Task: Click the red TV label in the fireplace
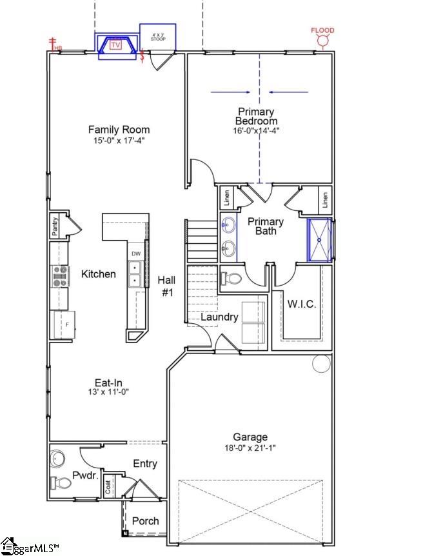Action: (x=116, y=45)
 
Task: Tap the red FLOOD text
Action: (x=322, y=30)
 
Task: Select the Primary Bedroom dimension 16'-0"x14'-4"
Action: (x=256, y=130)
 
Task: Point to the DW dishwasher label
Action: (x=136, y=254)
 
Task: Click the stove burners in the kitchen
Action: (x=60, y=276)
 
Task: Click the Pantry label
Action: (x=55, y=227)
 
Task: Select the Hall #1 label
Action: (x=167, y=286)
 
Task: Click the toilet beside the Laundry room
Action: (x=231, y=279)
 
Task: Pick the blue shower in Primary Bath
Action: (x=319, y=240)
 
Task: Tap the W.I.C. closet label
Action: (x=301, y=304)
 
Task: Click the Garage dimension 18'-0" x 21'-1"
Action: (x=250, y=448)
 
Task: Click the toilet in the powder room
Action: (x=63, y=482)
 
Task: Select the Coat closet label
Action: (x=108, y=488)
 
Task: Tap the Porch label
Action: (x=145, y=521)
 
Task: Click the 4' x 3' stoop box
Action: (x=158, y=37)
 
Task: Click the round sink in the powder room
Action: (x=59, y=459)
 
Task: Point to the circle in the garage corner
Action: (x=321, y=364)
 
